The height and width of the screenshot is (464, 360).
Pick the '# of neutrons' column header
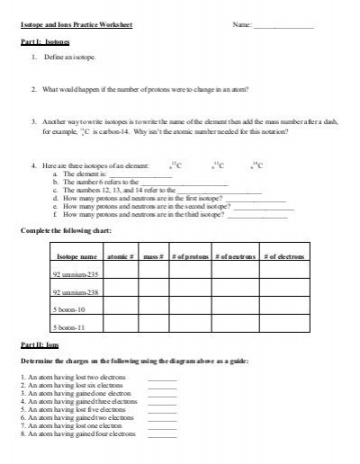point(236,257)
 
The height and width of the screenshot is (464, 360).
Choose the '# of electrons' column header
point(283,257)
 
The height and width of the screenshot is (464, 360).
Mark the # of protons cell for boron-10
point(189,310)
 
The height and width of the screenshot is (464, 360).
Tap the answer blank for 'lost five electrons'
point(161,406)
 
